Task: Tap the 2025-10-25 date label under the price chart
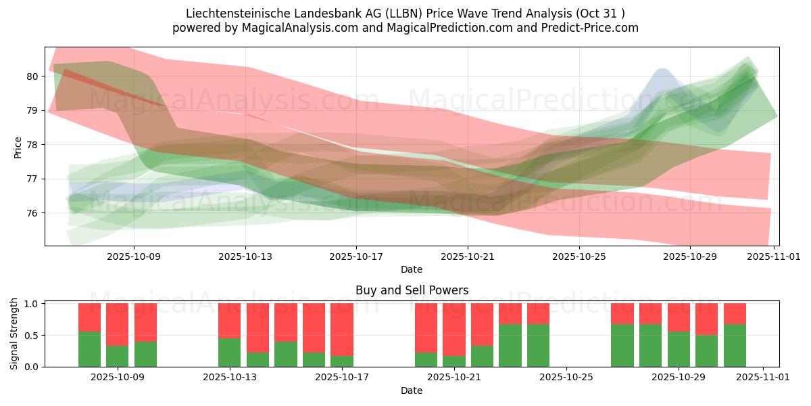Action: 579,257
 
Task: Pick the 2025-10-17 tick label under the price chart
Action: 356,257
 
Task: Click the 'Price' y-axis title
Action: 18,147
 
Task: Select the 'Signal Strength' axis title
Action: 14,334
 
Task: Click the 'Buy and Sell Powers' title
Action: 412,290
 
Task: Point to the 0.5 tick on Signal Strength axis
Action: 31,336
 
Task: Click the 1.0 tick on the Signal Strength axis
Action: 31,304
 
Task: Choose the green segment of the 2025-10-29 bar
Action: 679,349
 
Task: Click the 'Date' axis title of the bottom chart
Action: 412,390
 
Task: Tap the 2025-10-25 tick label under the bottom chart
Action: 566,378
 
